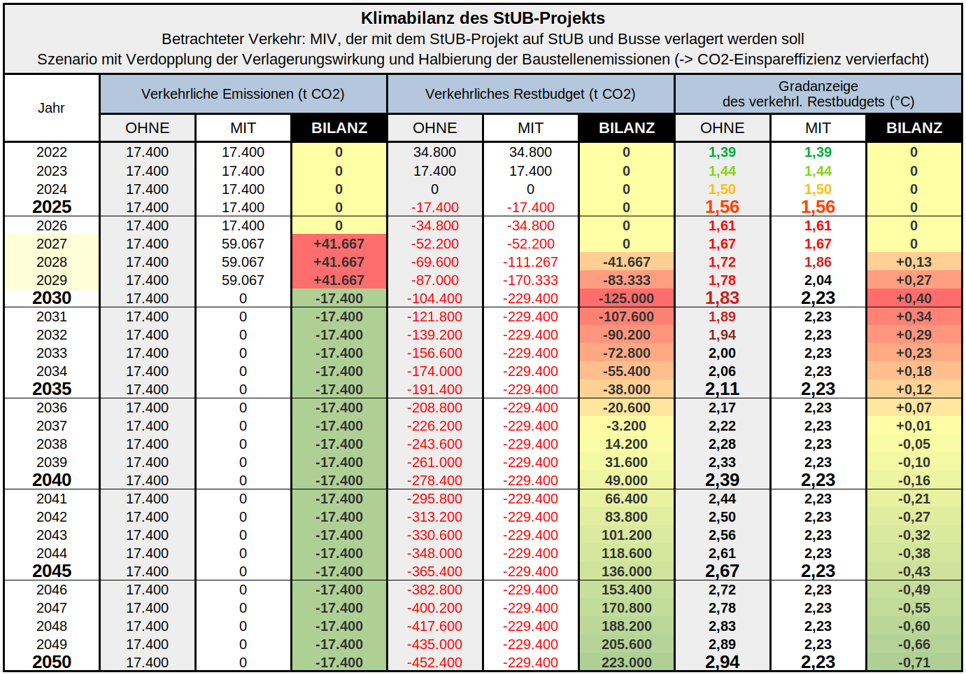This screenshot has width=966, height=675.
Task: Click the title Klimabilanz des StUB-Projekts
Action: [x=483, y=18]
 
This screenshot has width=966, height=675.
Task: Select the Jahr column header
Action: [x=51, y=108]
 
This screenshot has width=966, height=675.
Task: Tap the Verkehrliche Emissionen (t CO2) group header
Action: [x=243, y=94]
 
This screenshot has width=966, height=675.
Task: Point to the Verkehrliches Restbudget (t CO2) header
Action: [x=530, y=94]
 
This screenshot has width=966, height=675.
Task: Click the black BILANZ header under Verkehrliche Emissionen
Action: [x=339, y=128]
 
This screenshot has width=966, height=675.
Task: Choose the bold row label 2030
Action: [x=52, y=298]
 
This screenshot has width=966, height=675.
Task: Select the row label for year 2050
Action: [x=52, y=662]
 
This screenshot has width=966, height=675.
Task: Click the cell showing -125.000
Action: [x=626, y=298]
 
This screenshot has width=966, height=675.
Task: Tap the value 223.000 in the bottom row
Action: [x=626, y=662]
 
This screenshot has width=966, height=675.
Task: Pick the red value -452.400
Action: [x=434, y=662]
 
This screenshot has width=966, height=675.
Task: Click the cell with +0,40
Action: [x=914, y=298]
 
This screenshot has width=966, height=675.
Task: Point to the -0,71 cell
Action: [x=914, y=662]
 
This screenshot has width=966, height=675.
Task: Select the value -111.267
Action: [x=530, y=262]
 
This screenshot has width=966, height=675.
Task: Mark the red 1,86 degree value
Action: [x=818, y=262]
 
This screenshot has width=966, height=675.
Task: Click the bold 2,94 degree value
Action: [x=722, y=662]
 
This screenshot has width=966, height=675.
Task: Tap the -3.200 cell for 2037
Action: [x=626, y=426]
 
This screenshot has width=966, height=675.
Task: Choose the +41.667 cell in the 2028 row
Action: [x=339, y=262]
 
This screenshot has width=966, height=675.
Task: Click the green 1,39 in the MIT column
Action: [x=818, y=152]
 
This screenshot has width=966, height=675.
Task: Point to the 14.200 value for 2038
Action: [x=626, y=444]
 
